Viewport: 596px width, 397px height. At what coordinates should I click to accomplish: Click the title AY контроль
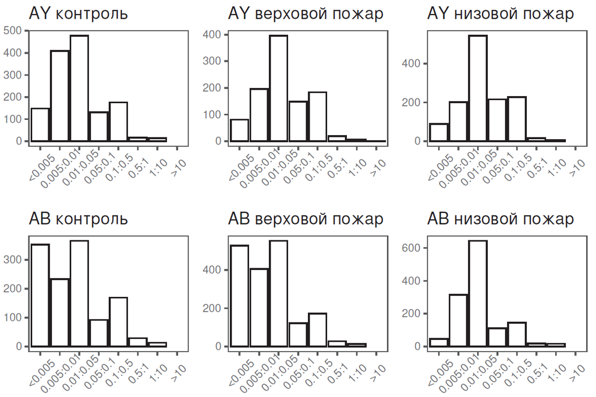(x=78, y=13)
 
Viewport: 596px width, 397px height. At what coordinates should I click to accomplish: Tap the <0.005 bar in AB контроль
(x=40, y=295)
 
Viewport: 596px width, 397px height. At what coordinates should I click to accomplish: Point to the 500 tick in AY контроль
(x=16, y=30)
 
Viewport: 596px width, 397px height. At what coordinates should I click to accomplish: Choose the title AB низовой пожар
(x=500, y=219)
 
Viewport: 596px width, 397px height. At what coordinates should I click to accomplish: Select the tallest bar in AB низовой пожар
(x=478, y=293)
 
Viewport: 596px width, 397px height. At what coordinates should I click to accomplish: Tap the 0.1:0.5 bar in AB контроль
(x=118, y=322)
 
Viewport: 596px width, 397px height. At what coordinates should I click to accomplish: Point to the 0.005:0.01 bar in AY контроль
(x=59, y=96)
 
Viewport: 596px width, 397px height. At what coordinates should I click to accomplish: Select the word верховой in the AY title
(x=286, y=13)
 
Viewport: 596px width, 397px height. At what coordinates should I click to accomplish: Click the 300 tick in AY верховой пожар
(x=215, y=61)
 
